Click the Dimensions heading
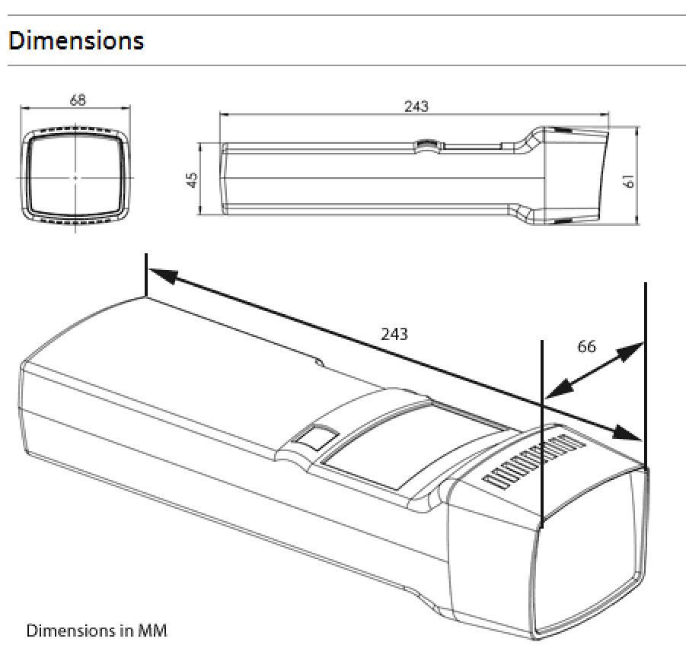(75, 40)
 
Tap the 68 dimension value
(78, 100)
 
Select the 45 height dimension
(193, 180)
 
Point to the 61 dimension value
(628, 180)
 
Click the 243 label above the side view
(416, 106)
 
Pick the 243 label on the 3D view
(394, 333)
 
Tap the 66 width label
(586, 346)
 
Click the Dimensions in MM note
(97, 631)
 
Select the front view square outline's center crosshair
(76, 176)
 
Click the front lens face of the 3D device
(590, 555)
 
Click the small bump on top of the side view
(427, 143)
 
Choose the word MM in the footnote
(152, 631)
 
